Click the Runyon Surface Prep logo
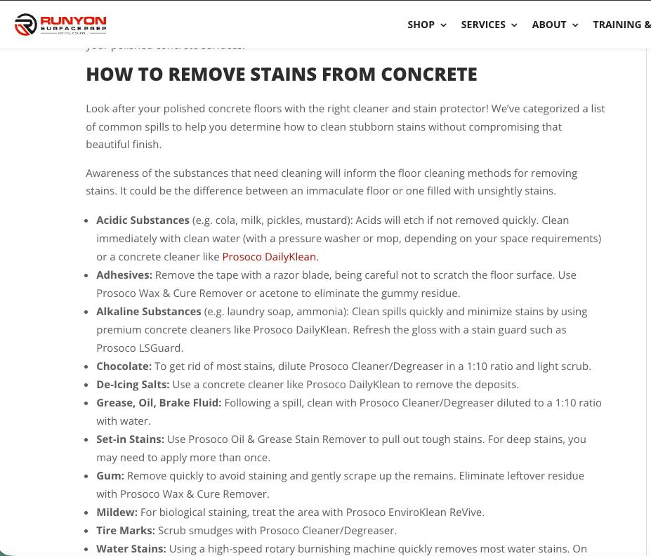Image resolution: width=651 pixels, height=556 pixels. [60, 25]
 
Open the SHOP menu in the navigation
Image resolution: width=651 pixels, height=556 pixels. [421, 25]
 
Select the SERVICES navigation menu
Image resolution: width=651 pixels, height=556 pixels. [483, 25]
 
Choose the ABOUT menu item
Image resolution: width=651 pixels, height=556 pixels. [549, 25]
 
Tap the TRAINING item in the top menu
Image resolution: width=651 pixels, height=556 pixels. [622, 25]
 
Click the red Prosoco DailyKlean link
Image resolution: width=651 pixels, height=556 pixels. [269, 257]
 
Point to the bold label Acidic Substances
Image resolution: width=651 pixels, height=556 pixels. [143, 220]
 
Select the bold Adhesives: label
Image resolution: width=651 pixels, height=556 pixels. [124, 275]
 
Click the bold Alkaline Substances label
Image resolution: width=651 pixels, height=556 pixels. [149, 312]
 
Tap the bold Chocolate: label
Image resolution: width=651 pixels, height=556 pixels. [124, 366]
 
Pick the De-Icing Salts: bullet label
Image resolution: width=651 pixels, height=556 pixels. [133, 385]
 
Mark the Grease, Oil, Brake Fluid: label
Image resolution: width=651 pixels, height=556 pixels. [159, 403]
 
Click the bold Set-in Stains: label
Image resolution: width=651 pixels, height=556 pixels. [130, 439]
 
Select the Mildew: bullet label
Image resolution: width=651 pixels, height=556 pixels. [117, 512]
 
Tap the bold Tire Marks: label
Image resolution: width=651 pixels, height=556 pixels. [126, 531]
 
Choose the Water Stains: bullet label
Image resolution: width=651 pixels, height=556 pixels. [131, 549]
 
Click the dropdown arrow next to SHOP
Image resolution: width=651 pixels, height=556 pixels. [443, 25]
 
